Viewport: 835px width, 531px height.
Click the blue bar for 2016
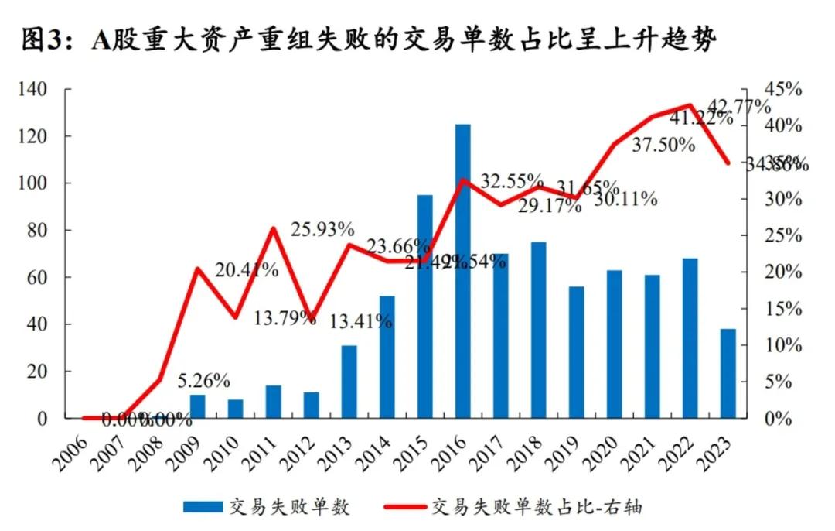coord(463,271)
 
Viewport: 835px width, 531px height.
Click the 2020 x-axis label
coord(605,449)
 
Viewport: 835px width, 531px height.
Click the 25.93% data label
coord(322,229)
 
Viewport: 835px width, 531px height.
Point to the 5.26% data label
coord(203,381)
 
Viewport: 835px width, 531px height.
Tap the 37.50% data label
coord(663,145)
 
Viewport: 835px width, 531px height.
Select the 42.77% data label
coord(739,106)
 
